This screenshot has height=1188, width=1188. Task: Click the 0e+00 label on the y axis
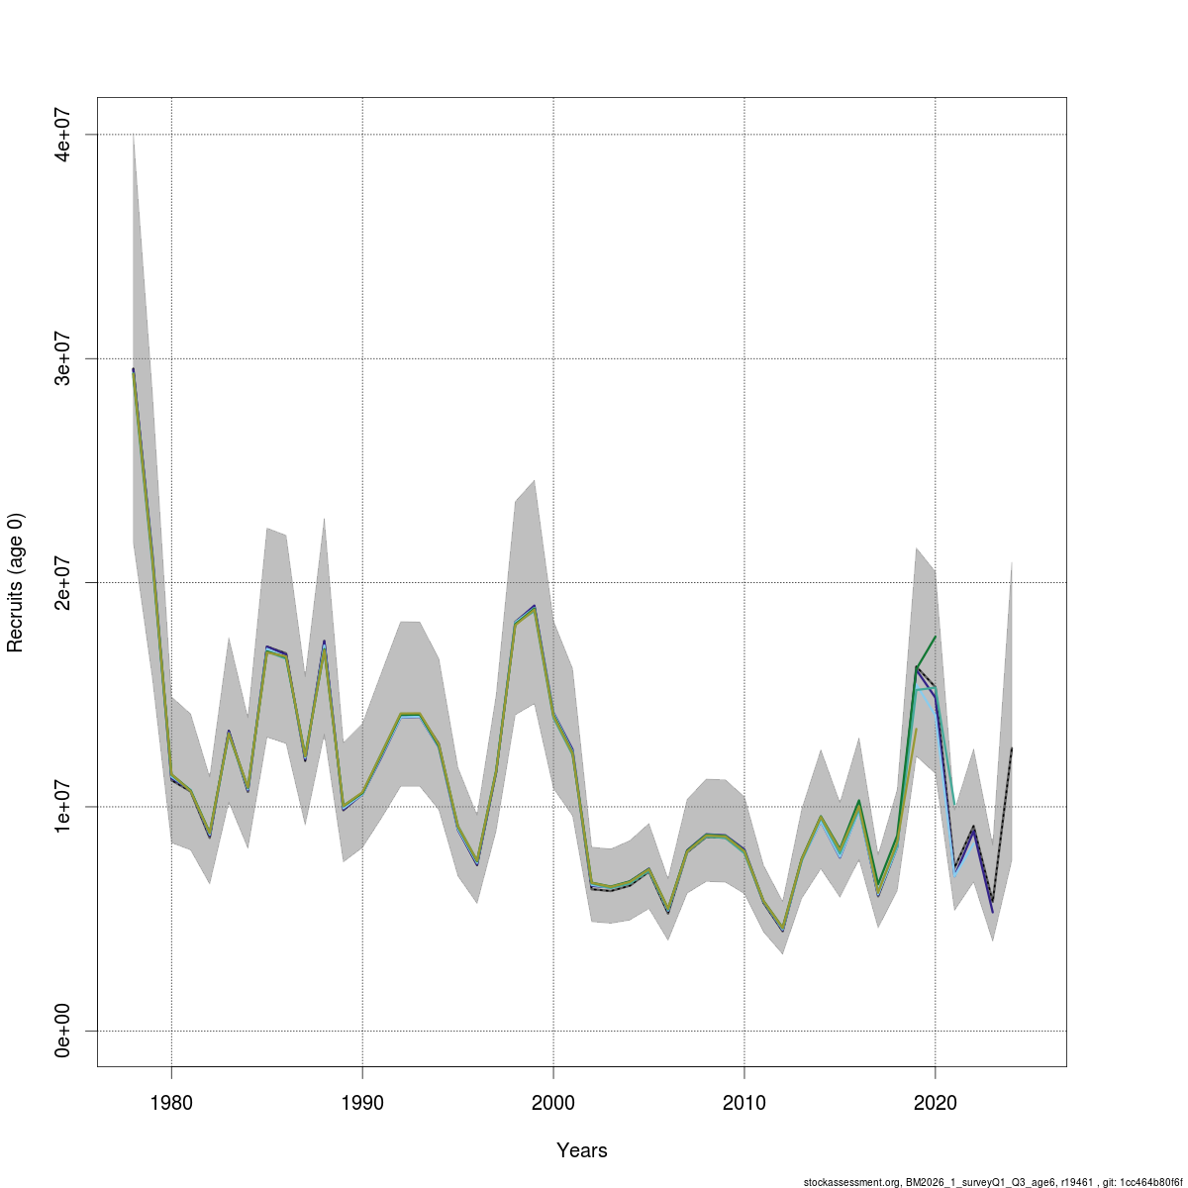[x=62, y=1031]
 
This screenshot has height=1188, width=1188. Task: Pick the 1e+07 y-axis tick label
[x=62, y=807]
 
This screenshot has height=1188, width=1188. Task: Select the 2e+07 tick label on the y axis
[x=62, y=582]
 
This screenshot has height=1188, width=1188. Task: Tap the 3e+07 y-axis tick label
[x=62, y=358]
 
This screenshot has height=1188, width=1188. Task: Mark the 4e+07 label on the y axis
[x=62, y=134]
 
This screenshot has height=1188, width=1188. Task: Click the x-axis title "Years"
[x=582, y=1150]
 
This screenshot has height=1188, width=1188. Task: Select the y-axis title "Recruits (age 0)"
[x=15, y=582]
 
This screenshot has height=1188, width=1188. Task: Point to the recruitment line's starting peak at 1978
[x=134, y=370]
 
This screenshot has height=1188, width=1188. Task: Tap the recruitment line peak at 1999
[x=535, y=607]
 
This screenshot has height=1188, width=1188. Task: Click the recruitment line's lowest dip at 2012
[x=783, y=929]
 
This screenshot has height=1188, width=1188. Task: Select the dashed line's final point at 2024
[x=1012, y=749]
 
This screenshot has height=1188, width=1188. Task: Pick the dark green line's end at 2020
[x=936, y=637]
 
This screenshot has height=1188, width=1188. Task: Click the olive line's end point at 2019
[x=917, y=729]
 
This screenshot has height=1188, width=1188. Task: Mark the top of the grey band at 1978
[x=134, y=135]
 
